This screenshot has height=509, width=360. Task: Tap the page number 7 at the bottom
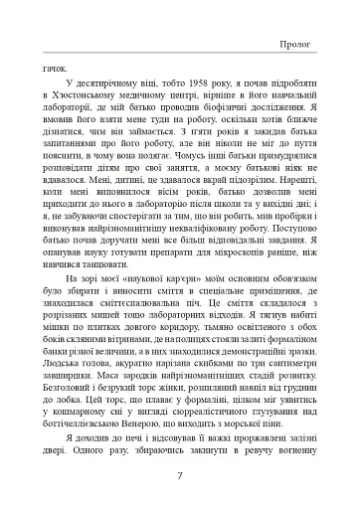point(179,474)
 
